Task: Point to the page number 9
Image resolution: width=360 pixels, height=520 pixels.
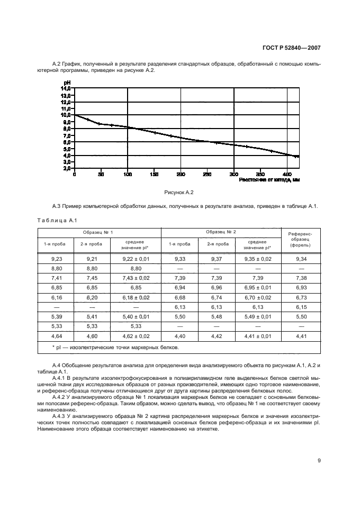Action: pyautogui.click(x=319, y=460)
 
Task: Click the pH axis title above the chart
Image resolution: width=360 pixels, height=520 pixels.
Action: pyautogui.click(x=67, y=83)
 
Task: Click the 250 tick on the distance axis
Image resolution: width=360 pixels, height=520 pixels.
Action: pyautogui.click(x=207, y=174)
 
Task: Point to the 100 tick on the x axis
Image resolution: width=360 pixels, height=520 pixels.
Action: pyautogui.click(x=127, y=174)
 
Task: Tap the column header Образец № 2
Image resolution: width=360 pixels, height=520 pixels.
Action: pyautogui.click(x=221, y=232)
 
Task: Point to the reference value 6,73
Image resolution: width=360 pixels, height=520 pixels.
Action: pyautogui.click(x=301, y=297)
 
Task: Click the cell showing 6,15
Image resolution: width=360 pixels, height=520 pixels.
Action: pyautogui.click(x=301, y=307)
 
